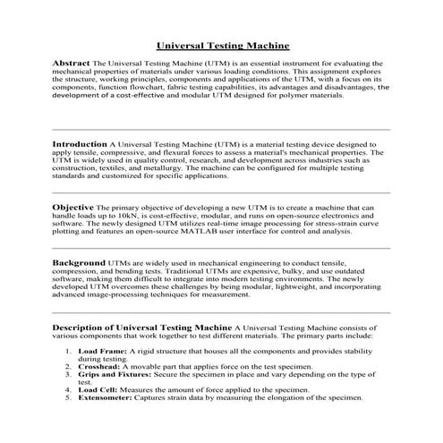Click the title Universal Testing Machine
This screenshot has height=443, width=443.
click(x=222, y=43)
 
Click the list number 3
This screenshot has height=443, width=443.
click(x=70, y=376)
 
